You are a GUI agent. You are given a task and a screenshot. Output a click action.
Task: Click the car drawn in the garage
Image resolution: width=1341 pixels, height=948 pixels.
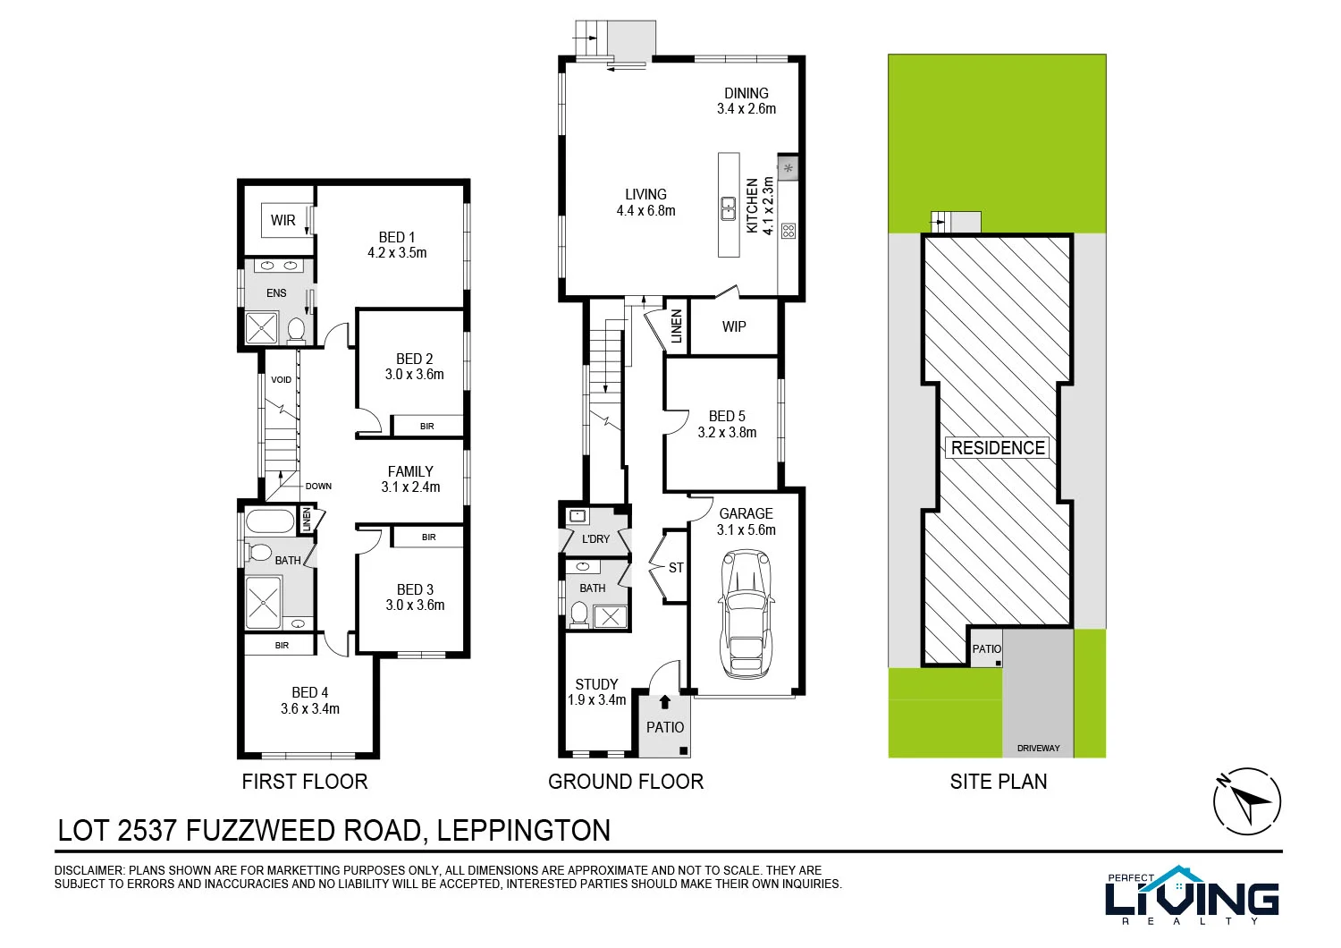pyautogui.click(x=745, y=614)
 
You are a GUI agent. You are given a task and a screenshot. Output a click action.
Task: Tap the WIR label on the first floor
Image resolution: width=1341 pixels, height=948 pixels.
pyautogui.click(x=283, y=220)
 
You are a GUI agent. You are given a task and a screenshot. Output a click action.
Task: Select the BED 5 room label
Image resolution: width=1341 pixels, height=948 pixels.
pyautogui.click(x=727, y=417)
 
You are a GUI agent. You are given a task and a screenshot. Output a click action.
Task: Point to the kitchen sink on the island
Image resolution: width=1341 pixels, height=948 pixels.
pyautogui.click(x=729, y=208)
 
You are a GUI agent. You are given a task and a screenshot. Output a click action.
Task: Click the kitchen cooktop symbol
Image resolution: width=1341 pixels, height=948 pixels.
pyautogui.click(x=788, y=231)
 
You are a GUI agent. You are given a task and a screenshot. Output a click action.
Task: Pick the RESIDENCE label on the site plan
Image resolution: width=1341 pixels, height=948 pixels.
pyautogui.click(x=998, y=448)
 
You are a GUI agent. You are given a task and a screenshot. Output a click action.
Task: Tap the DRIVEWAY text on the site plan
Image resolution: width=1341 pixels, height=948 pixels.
pyautogui.click(x=1038, y=748)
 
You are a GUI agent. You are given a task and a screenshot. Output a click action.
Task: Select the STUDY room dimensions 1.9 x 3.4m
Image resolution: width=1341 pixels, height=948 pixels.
pyautogui.click(x=597, y=700)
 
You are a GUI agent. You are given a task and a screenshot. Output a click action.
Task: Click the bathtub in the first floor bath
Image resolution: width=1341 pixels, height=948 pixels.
pyautogui.click(x=270, y=521)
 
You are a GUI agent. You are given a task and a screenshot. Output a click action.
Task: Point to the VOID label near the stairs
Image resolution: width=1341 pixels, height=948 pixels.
pyautogui.click(x=282, y=379)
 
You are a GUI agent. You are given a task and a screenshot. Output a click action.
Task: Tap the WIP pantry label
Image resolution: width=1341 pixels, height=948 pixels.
pyautogui.click(x=734, y=327)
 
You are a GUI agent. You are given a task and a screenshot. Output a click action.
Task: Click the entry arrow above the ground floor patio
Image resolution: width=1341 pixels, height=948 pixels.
pyautogui.click(x=664, y=703)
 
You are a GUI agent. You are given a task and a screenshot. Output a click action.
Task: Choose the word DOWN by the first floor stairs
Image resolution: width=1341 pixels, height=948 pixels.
pyautogui.click(x=318, y=487)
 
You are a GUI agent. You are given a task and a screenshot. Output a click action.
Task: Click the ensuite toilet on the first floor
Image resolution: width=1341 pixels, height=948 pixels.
pyautogui.click(x=296, y=330)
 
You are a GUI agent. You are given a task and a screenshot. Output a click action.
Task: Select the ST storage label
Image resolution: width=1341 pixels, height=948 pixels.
pyautogui.click(x=676, y=568)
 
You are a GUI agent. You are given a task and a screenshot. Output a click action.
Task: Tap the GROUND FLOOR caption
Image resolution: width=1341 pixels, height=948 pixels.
pyautogui.click(x=626, y=782)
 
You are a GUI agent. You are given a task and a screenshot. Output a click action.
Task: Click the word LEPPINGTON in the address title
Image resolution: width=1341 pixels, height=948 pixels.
pyautogui.click(x=524, y=831)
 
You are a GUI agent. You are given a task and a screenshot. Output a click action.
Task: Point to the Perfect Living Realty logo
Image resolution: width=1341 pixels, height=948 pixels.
pyautogui.click(x=1192, y=895)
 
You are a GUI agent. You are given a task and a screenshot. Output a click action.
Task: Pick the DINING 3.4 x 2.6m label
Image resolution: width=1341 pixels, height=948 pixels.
pyautogui.click(x=746, y=101)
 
